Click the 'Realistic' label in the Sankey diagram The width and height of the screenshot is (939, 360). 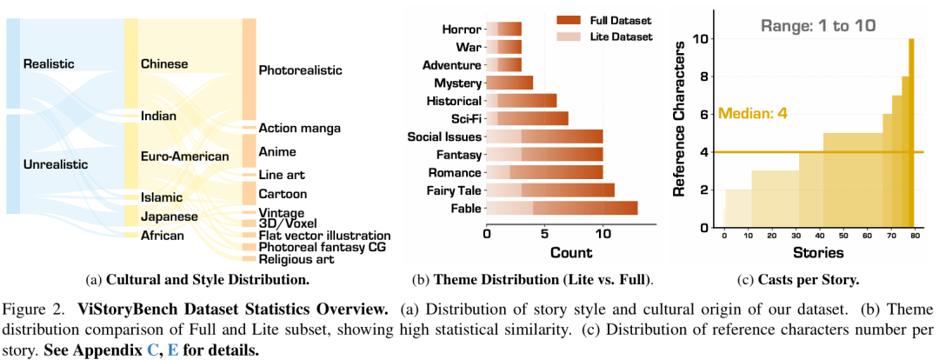tap(49, 63)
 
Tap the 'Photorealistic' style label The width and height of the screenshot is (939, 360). tap(300, 70)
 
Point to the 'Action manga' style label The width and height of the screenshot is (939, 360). tap(299, 128)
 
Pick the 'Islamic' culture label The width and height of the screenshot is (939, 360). tap(162, 197)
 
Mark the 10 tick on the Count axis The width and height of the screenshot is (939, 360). tap(601, 234)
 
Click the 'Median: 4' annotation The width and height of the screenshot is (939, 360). tap(752, 113)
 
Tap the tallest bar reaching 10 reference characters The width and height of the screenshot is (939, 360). tap(911, 130)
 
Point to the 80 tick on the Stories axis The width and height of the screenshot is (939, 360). tap(914, 236)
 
